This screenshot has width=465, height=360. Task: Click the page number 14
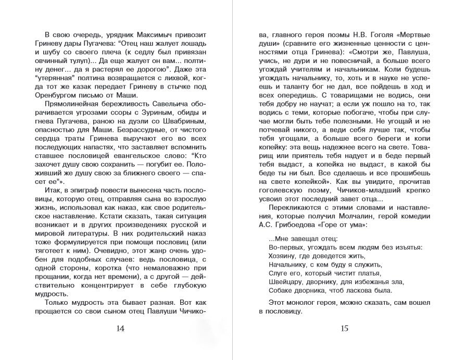point(120,328)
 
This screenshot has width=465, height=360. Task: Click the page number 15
point(344,328)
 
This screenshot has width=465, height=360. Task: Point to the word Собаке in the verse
point(283,291)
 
